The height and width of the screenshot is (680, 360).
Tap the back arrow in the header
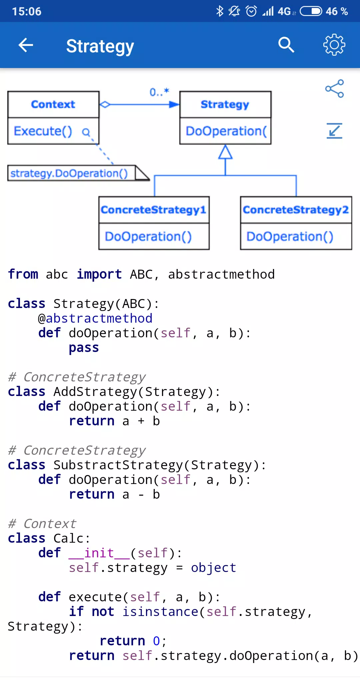tap(26, 45)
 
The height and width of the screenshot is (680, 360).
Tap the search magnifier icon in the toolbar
tap(286, 45)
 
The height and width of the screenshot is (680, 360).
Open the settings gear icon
tap(334, 45)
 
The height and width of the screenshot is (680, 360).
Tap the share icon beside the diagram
tap(334, 88)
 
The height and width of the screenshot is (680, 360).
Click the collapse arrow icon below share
tap(334, 131)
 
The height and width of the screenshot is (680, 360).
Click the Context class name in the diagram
tap(53, 104)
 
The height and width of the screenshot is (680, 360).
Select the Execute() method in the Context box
tap(43, 131)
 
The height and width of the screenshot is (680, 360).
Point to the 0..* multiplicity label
tap(159, 92)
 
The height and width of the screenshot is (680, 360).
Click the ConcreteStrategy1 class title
tap(153, 210)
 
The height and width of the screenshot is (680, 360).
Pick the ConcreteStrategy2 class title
tap(296, 210)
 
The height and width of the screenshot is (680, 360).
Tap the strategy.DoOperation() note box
tap(78, 173)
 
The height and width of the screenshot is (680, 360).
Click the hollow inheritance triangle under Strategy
tap(225, 152)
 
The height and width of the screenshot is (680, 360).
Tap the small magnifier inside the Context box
tap(86, 133)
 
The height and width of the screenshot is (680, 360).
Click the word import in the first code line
tap(99, 274)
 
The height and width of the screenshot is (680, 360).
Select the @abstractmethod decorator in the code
tap(95, 318)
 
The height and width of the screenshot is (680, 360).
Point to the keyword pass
tap(84, 348)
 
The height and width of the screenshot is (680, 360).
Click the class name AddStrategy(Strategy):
tap(137, 392)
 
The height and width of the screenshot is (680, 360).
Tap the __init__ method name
tap(99, 553)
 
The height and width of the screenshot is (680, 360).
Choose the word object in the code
tap(214, 568)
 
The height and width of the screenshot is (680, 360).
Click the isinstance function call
tap(160, 612)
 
